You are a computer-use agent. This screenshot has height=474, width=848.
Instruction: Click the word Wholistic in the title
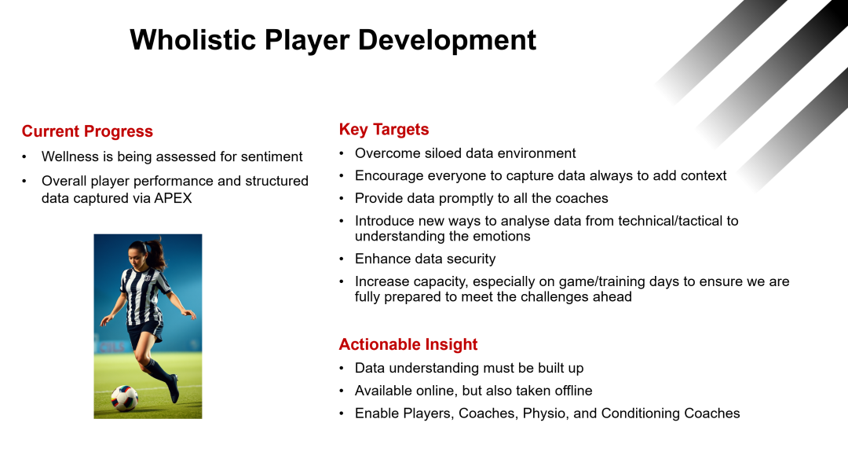(193, 40)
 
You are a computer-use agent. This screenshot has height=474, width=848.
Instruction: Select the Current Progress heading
(87, 131)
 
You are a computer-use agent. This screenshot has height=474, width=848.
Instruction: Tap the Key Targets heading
(384, 130)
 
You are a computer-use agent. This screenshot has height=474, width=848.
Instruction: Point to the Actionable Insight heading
(408, 344)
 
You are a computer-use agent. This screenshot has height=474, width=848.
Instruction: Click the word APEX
(173, 198)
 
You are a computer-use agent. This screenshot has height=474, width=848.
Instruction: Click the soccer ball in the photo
(124, 399)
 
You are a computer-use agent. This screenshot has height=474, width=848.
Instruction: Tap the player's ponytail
(156, 254)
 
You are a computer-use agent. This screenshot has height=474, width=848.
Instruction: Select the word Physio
(546, 414)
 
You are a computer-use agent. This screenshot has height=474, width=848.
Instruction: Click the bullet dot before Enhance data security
(342, 259)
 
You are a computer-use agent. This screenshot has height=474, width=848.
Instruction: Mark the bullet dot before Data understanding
(342, 369)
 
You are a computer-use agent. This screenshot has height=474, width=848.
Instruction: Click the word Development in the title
(448, 41)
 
